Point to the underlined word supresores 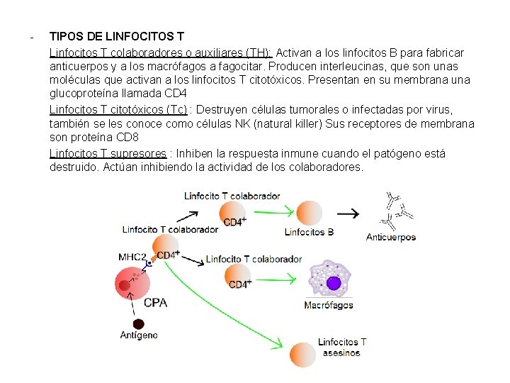click(140, 153)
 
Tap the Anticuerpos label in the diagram click(390, 238)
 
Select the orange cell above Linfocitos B click(309, 212)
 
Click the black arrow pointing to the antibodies click(347, 212)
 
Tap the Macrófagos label click(328, 306)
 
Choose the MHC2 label click(132, 257)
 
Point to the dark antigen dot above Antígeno click(125, 286)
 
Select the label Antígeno click(139, 335)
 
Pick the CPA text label click(155, 303)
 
